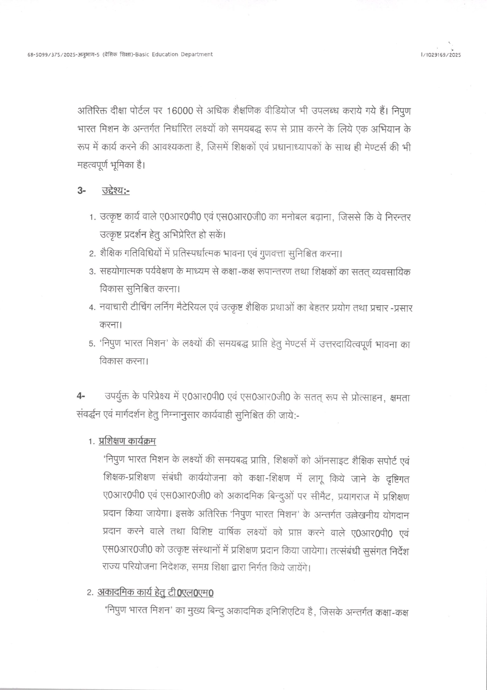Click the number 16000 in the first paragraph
point(180,111)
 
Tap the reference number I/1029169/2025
point(441,55)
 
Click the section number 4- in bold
point(81,397)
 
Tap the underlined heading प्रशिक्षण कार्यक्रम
point(128,441)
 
